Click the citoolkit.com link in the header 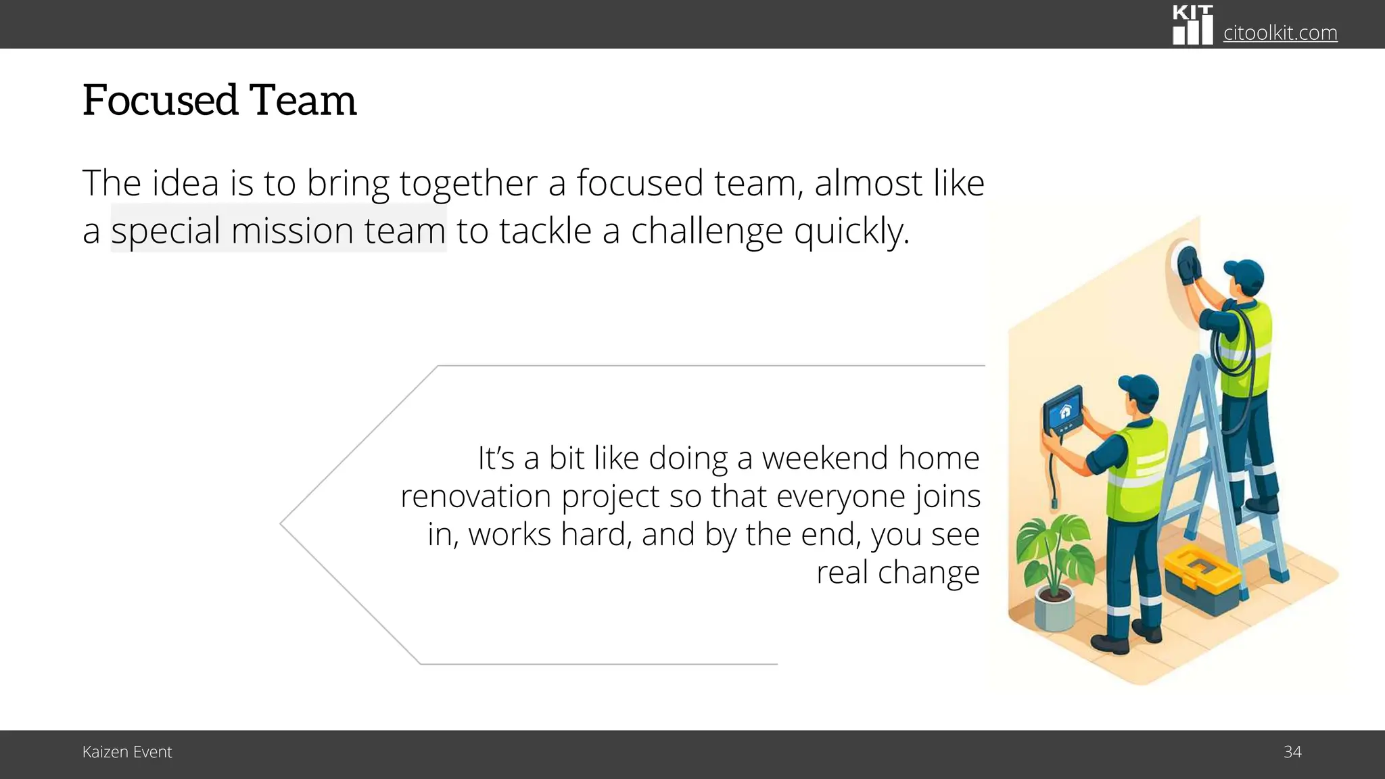click(1280, 32)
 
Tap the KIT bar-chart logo click(1192, 26)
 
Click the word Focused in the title click(160, 101)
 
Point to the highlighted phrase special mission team click(278, 230)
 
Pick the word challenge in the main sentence click(707, 231)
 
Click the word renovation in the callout click(475, 496)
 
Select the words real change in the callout click(897, 572)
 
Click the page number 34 click(1292, 752)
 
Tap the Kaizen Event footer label click(127, 752)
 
